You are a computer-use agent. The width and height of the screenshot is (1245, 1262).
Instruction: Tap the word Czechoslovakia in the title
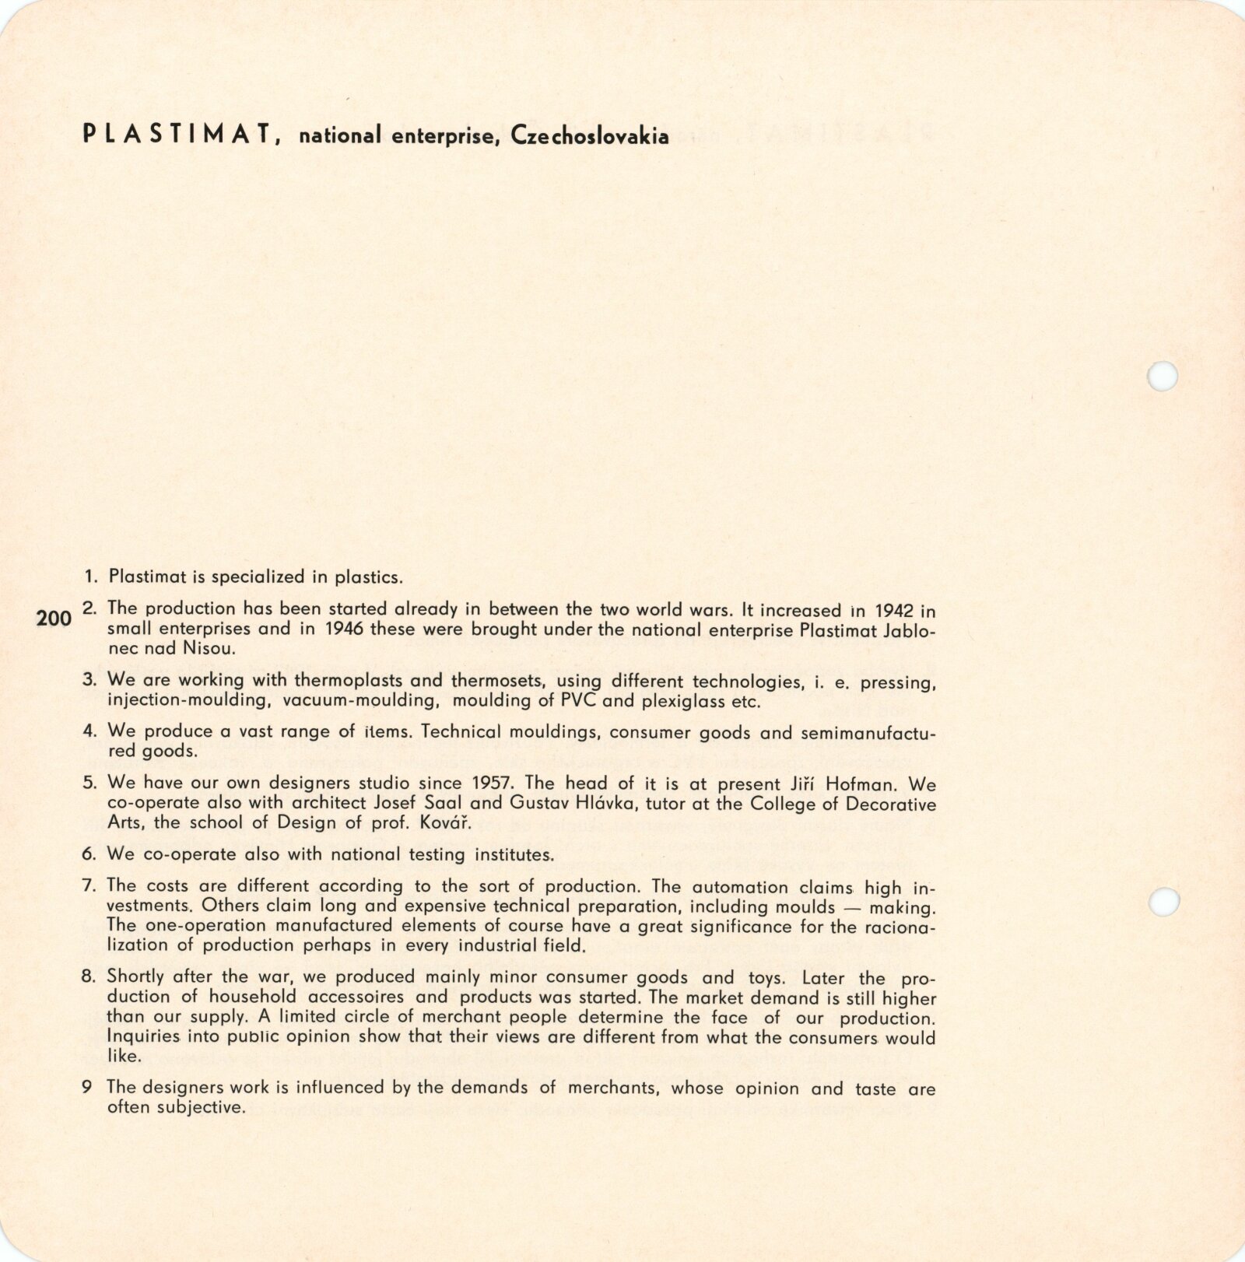tap(590, 136)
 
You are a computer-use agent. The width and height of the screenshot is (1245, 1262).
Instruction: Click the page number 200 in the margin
tap(54, 619)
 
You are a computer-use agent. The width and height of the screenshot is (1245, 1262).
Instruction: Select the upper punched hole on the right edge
tap(1163, 376)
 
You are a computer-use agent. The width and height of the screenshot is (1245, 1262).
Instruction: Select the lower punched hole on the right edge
tap(1163, 903)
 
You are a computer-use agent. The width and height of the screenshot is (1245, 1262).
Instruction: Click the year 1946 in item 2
tap(342, 629)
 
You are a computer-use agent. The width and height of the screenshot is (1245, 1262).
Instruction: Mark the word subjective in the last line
tap(201, 1107)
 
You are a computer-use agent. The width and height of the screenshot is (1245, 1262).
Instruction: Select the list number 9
tap(87, 1088)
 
